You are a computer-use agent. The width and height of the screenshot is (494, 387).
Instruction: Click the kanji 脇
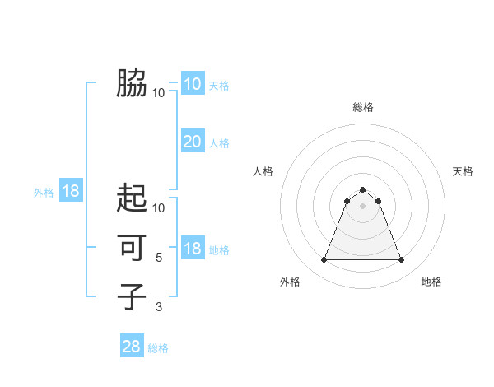[x=132, y=83]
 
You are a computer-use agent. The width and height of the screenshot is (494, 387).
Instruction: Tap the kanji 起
[x=132, y=198]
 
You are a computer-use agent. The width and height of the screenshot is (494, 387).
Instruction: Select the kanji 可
[x=132, y=246]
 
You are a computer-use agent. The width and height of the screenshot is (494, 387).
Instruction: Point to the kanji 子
[x=132, y=296]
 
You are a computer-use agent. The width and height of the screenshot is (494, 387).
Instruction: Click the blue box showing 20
[x=193, y=142]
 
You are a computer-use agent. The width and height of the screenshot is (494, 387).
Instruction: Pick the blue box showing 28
[x=132, y=347]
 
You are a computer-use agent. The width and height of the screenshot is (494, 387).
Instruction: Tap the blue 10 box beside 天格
[x=193, y=83]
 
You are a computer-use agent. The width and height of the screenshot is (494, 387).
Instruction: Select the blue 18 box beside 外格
[x=71, y=191]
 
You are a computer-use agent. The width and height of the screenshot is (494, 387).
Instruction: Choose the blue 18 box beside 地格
[x=193, y=249]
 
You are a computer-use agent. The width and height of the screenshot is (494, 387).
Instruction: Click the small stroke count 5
[x=159, y=258]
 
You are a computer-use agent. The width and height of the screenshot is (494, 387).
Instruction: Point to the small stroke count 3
[x=159, y=307]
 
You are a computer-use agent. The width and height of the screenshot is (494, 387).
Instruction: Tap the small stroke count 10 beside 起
[x=159, y=208]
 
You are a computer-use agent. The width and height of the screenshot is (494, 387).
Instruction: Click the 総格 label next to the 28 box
[x=158, y=348]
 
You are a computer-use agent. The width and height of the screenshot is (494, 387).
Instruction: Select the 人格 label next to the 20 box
[x=219, y=143]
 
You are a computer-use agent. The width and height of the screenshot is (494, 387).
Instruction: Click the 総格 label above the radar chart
[x=362, y=107]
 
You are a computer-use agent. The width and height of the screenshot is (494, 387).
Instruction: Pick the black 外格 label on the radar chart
[x=290, y=282]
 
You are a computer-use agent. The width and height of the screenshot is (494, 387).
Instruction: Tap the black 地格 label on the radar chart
[x=431, y=282]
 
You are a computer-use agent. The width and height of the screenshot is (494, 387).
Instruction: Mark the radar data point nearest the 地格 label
[x=401, y=260]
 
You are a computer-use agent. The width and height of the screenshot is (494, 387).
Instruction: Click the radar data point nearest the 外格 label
[x=324, y=260]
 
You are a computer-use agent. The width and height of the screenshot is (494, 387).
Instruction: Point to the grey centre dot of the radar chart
[x=362, y=205]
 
